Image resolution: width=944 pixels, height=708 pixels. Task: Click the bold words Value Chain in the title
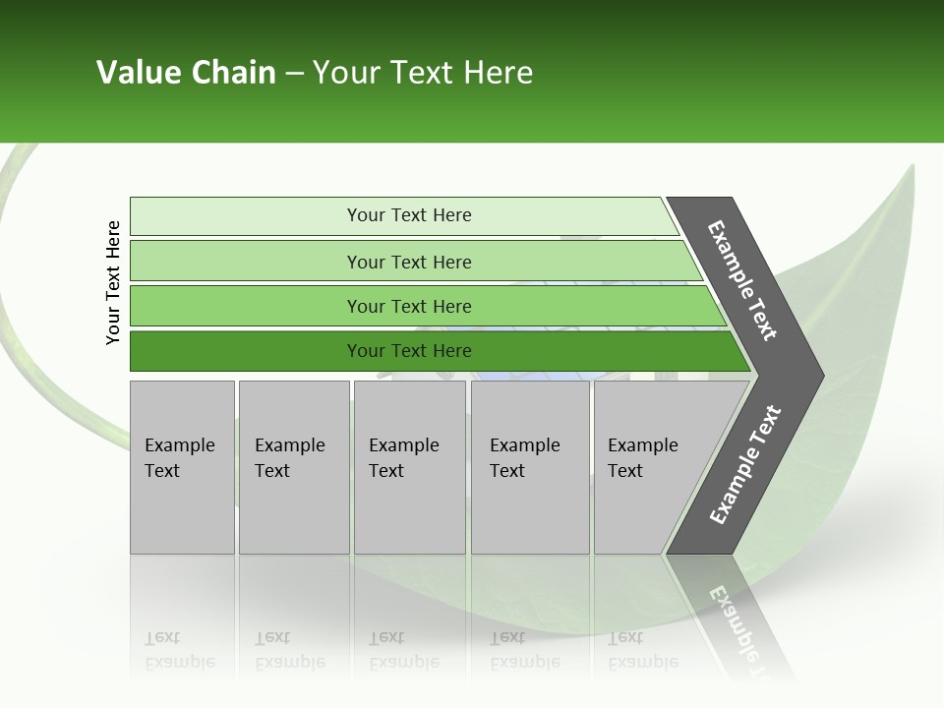pos(186,73)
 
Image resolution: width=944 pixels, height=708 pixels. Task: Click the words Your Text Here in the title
pos(422,73)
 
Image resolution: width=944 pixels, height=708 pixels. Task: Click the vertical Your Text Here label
pos(113,282)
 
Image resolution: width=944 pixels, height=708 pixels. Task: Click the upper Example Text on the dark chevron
pos(742,280)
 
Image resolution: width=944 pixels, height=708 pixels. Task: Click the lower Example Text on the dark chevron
pos(744,465)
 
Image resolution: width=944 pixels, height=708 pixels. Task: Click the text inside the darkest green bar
pos(409,351)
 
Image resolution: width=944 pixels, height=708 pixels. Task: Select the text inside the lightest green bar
pos(409,215)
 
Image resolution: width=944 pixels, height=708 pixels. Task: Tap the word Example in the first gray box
pos(179,445)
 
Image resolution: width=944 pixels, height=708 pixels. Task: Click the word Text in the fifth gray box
pos(624,471)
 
